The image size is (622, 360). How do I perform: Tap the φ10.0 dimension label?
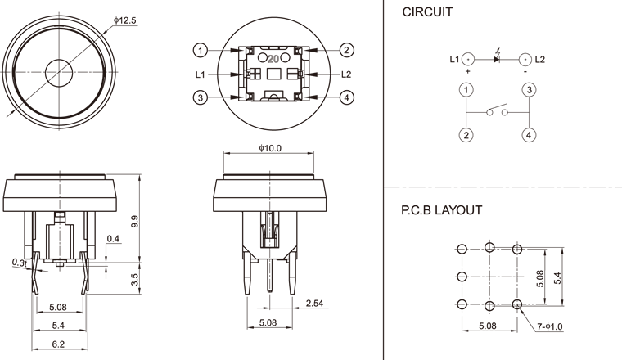(x=270, y=148)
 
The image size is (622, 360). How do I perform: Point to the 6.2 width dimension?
(x=58, y=345)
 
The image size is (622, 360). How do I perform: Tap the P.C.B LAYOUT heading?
(x=441, y=210)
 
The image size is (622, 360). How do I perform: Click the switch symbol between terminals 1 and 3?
(x=497, y=111)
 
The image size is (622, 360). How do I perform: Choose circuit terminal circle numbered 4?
(x=530, y=135)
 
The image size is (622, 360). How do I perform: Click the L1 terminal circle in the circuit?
(x=467, y=59)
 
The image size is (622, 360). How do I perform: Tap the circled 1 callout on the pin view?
(x=201, y=50)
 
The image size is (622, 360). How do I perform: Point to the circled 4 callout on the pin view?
(x=347, y=98)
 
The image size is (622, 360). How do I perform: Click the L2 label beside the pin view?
(x=346, y=74)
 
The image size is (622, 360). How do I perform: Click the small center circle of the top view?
(x=59, y=71)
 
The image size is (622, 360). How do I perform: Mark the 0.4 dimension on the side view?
(x=113, y=239)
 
